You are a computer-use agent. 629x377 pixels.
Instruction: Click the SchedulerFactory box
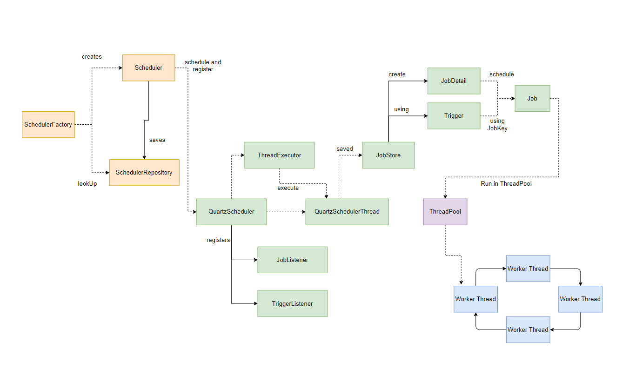[48, 124]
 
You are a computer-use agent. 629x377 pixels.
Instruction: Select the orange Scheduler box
[148, 68]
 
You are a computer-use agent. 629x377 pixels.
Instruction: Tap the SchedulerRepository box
[144, 173]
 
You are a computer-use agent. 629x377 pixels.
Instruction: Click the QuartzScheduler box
[231, 212]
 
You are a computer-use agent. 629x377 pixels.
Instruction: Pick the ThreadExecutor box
[280, 155]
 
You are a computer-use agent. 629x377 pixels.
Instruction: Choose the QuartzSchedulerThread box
[347, 212]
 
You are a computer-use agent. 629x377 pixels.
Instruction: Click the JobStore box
[388, 155]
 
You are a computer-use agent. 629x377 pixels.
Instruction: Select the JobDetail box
[454, 81]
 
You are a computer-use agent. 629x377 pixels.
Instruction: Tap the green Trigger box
[454, 116]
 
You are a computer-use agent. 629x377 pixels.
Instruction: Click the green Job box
[532, 98]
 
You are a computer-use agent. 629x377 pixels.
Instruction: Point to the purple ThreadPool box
[445, 212]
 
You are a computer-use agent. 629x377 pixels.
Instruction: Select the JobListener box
[292, 260]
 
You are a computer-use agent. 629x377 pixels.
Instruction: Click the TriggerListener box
[292, 303]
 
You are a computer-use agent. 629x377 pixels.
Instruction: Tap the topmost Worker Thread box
[528, 269]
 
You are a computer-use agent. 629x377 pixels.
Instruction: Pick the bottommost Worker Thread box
[528, 330]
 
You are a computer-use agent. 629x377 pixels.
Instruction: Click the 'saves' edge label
[157, 140]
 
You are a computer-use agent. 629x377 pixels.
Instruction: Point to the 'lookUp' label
[87, 184]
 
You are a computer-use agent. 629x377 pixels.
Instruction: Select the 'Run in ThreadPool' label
[506, 184]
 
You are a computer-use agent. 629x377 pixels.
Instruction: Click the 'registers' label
[218, 240]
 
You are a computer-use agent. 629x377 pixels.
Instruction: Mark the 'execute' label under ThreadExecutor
[288, 188]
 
